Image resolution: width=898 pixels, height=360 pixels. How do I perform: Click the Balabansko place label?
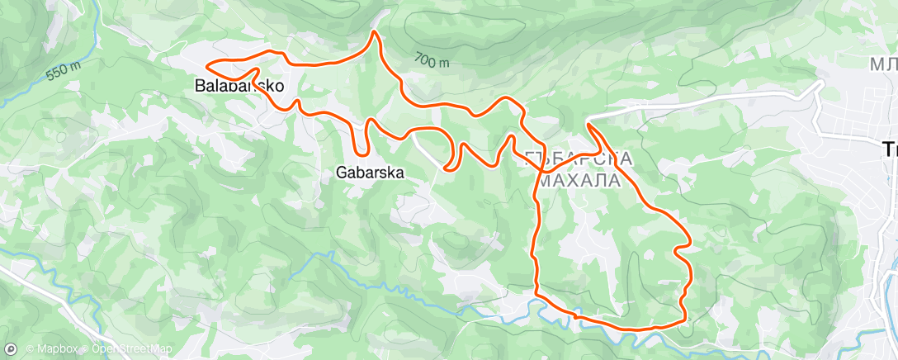point(239,85)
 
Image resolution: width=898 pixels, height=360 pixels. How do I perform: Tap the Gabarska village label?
point(370,173)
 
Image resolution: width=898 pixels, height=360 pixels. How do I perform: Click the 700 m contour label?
point(432,60)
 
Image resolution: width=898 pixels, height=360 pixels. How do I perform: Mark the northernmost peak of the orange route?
point(375,32)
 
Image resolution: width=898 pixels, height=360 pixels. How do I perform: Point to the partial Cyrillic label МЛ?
point(883,64)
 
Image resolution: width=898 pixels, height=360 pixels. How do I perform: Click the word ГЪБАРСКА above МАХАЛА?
point(578,159)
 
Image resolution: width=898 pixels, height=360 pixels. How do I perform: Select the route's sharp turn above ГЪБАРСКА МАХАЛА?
point(588,123)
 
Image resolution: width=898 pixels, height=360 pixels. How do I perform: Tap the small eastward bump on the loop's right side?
point(688,248)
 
